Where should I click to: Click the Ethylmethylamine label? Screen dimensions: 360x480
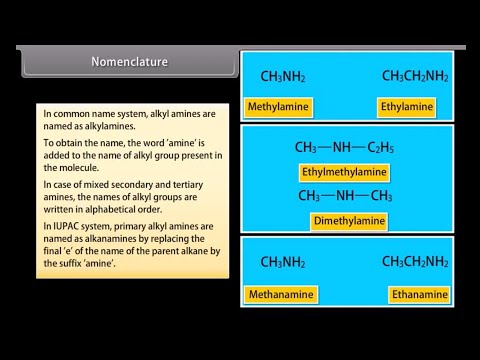(343, 171)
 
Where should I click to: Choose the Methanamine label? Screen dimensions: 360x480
(280, 295)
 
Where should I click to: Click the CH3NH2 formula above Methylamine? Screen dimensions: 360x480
(283, 76)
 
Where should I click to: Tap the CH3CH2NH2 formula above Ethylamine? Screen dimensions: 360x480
(415, 76)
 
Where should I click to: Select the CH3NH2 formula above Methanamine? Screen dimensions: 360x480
(283, 262)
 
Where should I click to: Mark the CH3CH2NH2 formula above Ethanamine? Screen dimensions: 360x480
(415, 262)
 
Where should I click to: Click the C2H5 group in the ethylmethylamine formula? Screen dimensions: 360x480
(380, 147)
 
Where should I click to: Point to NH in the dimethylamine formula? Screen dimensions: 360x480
(346, 194)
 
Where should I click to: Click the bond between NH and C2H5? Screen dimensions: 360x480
(362, 147)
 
